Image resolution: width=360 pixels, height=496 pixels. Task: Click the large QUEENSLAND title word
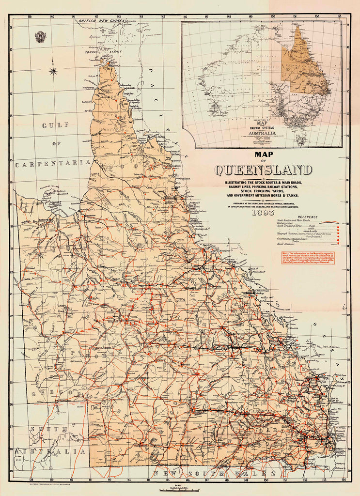click(264, 170)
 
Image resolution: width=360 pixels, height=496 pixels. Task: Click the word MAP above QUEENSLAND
click(264, 155)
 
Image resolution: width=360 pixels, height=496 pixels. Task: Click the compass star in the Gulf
click(53, 72)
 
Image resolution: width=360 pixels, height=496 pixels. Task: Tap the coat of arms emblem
click(40, 37)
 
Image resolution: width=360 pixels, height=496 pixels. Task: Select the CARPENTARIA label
click(53, 165)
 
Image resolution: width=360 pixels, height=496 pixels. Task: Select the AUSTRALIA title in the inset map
click(262, 133)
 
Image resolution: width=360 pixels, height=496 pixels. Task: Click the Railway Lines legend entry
click(287, 223)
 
